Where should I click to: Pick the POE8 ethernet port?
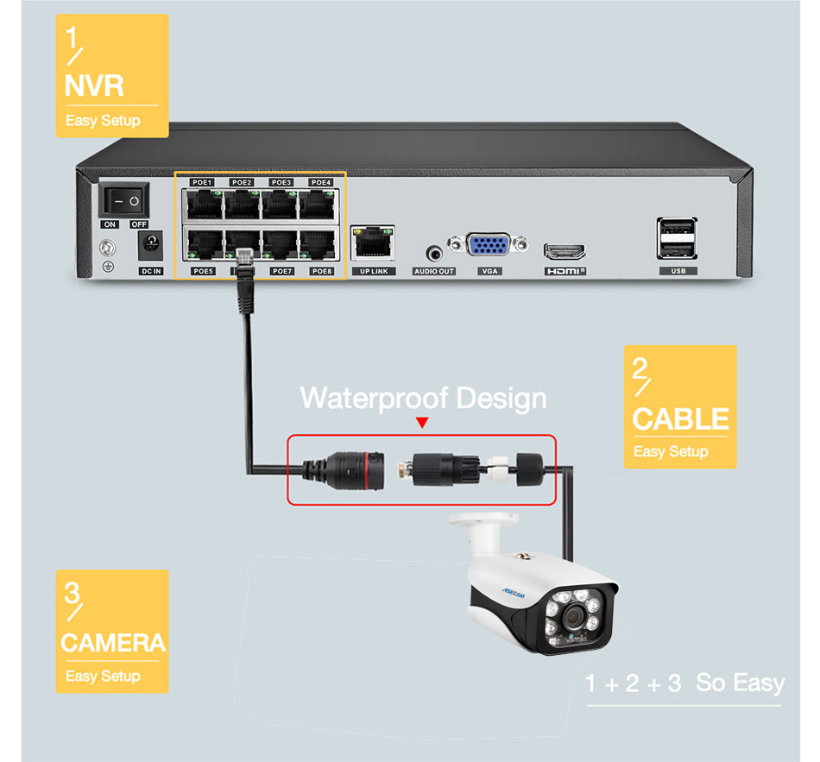pyautogui.click(x=319, y=245)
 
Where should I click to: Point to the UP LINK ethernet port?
pyautogui.click(x=373, y=241)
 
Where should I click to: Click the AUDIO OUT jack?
pyautogui.click(x=434, y=253)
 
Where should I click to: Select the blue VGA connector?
pyautogui.click(x=489, y=245)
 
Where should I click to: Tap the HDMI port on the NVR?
pyautogui.click(x=565, y=252)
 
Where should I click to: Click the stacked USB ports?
pyautogui.click(x=677, y=238)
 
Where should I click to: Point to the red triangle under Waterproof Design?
pyautogui.click(x=422, y=423)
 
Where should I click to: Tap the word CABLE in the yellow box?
pyautogui.click(x=680, y=419)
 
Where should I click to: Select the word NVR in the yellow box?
pyautogui.click(x=95, y=85)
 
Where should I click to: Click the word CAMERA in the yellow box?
pyautogui.click(x=112, y=643)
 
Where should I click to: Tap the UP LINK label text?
pyautogui.click(x=373, y=271)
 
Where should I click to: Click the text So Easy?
pyautogui.click(x=741, y=683)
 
